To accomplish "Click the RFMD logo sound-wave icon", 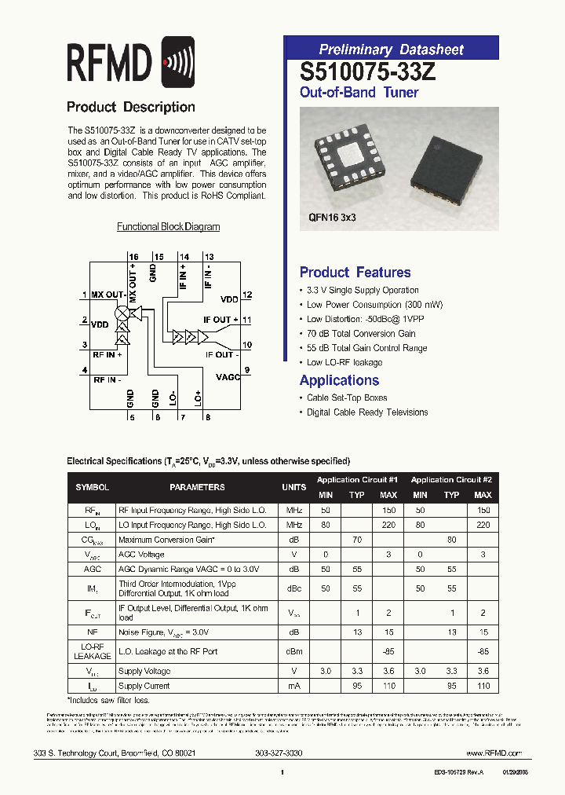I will click(x=177, y=63).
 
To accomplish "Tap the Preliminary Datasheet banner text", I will click(x=391, y=49).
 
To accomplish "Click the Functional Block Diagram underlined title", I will click(x=168, y=227).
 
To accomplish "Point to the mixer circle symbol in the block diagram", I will click(x=122, y=313).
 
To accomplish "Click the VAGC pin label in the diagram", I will click(x=228, y=377).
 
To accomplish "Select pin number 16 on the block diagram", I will click(x=133, y=257).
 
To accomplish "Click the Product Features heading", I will click(x=355, y=273).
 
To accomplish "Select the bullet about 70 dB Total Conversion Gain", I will click(x=361, y=334).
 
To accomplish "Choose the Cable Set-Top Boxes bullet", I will click(x=347, y=398).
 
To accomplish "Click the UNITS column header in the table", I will click(x=293, y=487).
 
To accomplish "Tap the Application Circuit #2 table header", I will click(x=451, y=479).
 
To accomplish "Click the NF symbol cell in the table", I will click(x=93, y=631).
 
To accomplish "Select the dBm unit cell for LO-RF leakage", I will click(x=293, y=651).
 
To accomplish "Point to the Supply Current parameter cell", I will click(x=144, y=687).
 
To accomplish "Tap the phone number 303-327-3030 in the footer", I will click(x=279, y=753).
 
